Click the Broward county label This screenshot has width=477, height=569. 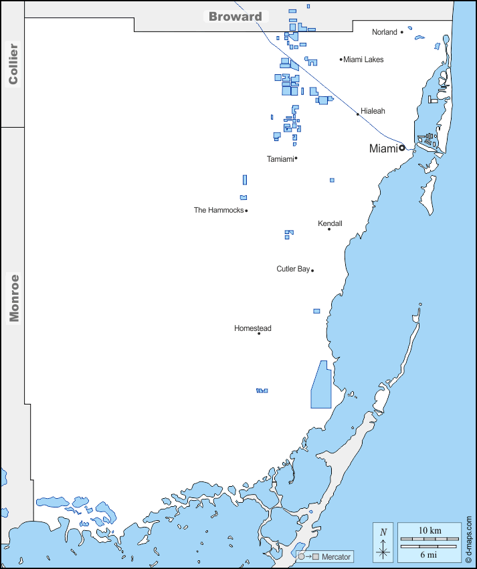click(x=235, y=17)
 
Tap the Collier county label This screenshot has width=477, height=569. click(x=13, y=64)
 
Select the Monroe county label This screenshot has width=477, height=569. click(x=13, y=298)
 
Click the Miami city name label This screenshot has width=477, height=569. click(x=383, y=148)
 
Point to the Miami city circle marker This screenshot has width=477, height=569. click(x=402, y=148)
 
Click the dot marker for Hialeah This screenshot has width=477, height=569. click(x=358, y=114)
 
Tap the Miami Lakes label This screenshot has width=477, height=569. click(x=364, y=60)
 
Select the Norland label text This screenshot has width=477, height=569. click(x=385, y=32)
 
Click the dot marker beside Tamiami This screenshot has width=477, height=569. click(x=296, y=158)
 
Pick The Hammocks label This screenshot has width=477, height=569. click(x=219, y=210)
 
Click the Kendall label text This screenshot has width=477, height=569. click(x=330, y=223)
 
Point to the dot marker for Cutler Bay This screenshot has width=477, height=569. click(x=312, y=270)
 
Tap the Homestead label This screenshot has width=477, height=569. click(x=252, y=328)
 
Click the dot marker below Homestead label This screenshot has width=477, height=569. click(x=259, y=334)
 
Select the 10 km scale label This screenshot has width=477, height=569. click(x=430, y=530)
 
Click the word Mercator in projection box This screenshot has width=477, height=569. click(x=336, y=557)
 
